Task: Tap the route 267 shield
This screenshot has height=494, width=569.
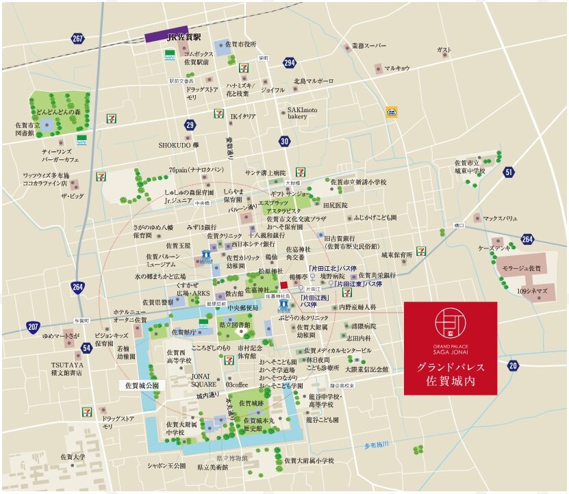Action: [x=77, y=38]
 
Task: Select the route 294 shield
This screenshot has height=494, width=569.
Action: [x=290, y=63]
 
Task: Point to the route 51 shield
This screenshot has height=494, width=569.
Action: [x=508, y=172]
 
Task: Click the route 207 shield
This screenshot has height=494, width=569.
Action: [x=33, y=328]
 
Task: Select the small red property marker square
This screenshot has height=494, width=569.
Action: [x=285, y=285]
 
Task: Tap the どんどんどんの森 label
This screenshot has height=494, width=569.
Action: [x=58, y=111]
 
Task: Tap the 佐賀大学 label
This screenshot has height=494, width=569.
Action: [x=72, y=457]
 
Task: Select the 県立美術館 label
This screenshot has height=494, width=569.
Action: [x=213, y=468]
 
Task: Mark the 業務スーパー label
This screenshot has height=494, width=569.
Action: [x=370, y=47]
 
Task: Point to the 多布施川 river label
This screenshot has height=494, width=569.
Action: [x=376, y=445]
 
